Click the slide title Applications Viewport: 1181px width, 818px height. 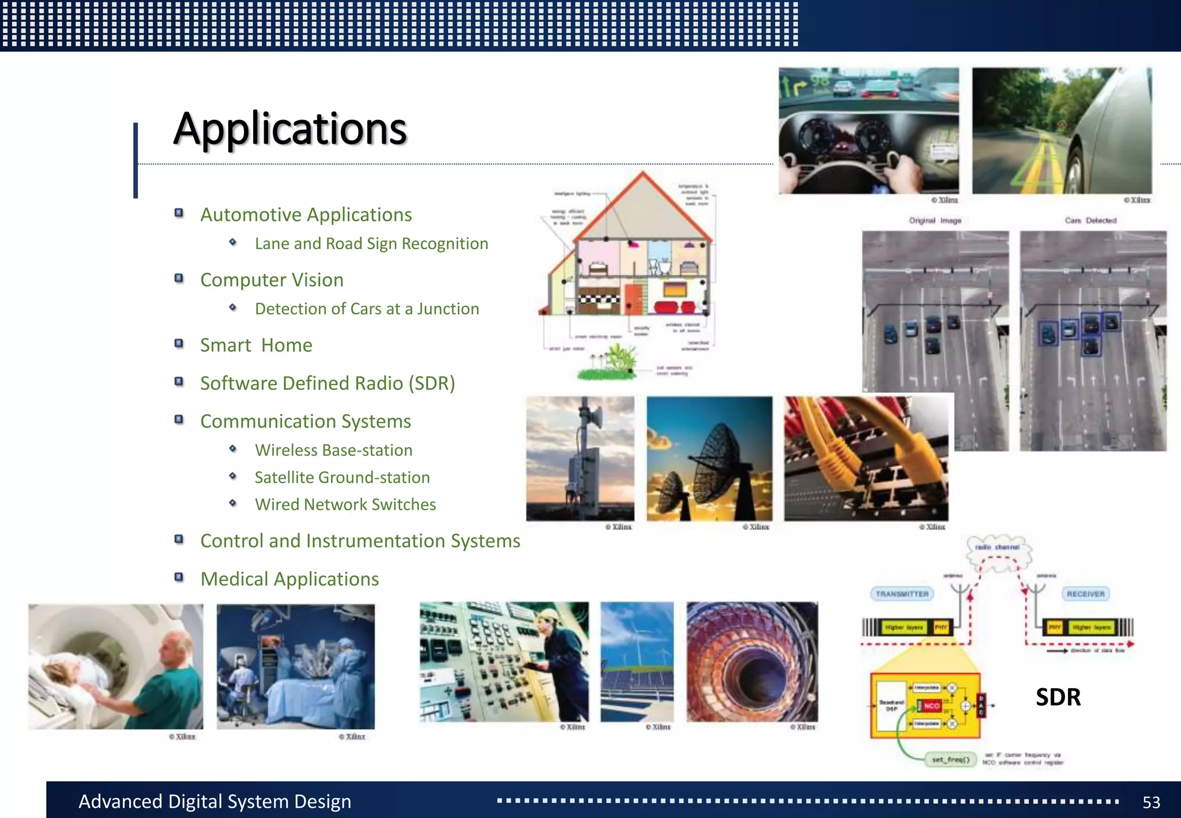[290, 129]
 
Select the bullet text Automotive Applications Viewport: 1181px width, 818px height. [306, 215]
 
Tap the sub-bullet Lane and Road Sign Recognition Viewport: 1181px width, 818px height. [371, 243]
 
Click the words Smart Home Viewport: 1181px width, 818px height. [256, 345]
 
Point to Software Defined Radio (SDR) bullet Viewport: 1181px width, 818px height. [328, 383]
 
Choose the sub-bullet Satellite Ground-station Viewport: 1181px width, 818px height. [342, 477]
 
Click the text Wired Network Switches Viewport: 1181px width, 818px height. [345, 504]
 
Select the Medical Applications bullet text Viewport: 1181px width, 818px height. [289, 579]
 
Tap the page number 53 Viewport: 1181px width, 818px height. [1151, 802]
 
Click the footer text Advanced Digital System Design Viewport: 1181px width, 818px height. [215, 801]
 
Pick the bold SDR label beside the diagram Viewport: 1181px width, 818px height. [1058, 697]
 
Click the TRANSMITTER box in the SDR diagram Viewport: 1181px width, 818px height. [902, 594]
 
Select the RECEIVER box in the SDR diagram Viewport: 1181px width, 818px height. [1085, 594]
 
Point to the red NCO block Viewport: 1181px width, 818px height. [931, 706]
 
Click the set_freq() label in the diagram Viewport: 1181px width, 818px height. [950, 759]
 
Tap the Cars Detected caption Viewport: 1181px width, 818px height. [1090, 220]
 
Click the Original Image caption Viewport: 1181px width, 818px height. [935, 220]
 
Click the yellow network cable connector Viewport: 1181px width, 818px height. [831, 456]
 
